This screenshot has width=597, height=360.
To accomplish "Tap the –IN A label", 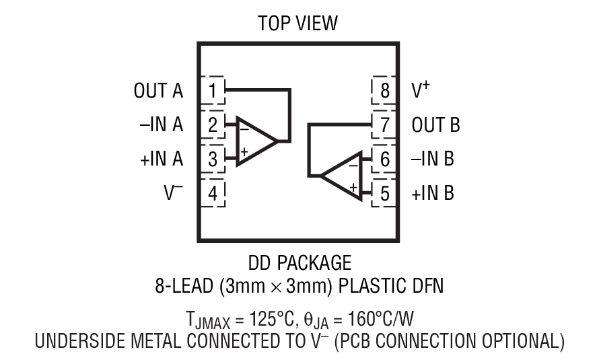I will click(x=162, y=125).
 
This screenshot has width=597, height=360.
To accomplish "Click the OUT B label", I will click(x=436, y=125).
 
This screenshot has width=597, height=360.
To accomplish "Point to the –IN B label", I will click(x=433, y=159).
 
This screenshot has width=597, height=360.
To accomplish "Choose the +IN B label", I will click(x=433, y=194).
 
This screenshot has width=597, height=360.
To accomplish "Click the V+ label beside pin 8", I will click(x=421, y=90).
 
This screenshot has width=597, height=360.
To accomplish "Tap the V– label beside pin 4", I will click(x=173, y=194).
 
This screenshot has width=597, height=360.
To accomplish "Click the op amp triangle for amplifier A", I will click(x=254, y=141).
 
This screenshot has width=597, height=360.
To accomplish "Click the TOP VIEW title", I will click(x=298, y=24).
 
